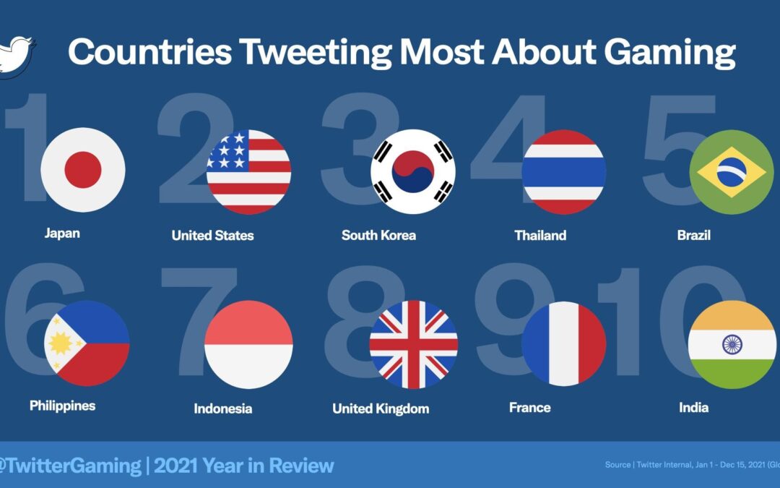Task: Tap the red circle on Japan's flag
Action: click(x=83, y=170)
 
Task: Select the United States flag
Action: click(x=248, y=172)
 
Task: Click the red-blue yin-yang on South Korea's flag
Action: click(x=413, y=171)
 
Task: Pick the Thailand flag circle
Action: click(x=563, y=172)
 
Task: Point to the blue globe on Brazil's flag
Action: click(x=731, y=172)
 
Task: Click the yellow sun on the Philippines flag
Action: click(x=60, y=343)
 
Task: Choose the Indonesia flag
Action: click(x=248, y=345)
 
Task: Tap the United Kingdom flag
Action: click(x=413, y=345)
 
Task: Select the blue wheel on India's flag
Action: click(x=732, y=344)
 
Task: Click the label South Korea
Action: click(x=378, y=235)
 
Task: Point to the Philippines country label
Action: click(x=62, y=406)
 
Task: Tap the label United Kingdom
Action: click(x=380, y=408)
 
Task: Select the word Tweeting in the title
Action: click(x=315, y=52)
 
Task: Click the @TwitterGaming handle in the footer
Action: click(x=70, y=466)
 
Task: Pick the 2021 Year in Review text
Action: click(x=244, y=466)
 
